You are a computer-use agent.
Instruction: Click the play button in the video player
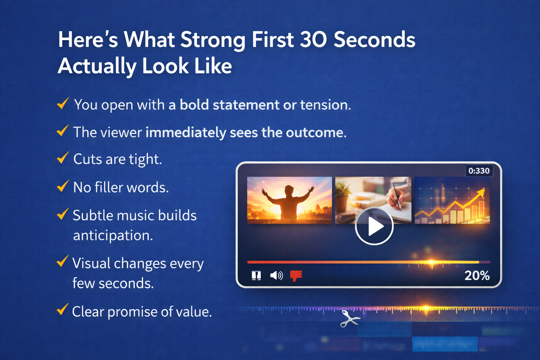374,226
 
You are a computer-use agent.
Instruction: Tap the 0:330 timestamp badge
479,171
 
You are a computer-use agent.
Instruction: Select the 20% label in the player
477,275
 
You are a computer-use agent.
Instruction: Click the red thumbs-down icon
296,276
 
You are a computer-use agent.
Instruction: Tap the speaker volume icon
277,275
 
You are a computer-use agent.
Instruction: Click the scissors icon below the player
350,319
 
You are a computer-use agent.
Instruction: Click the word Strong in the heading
213,40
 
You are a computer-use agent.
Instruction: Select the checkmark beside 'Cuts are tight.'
63,158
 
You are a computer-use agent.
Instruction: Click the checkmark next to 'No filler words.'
63,186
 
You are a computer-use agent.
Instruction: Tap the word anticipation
113,236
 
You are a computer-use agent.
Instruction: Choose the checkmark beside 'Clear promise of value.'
63,310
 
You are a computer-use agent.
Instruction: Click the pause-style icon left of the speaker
256,275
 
